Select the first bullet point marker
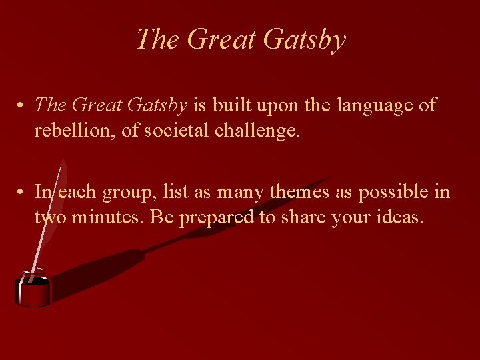point(22,105)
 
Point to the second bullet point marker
point(22,193)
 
